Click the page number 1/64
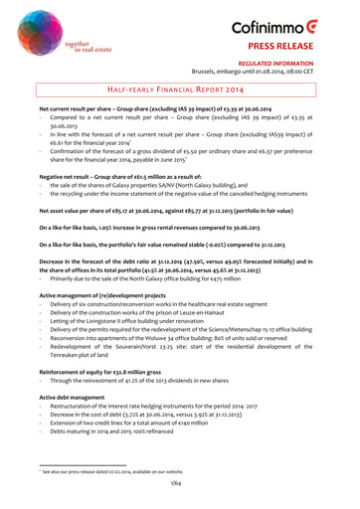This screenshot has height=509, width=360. [180, 482]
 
